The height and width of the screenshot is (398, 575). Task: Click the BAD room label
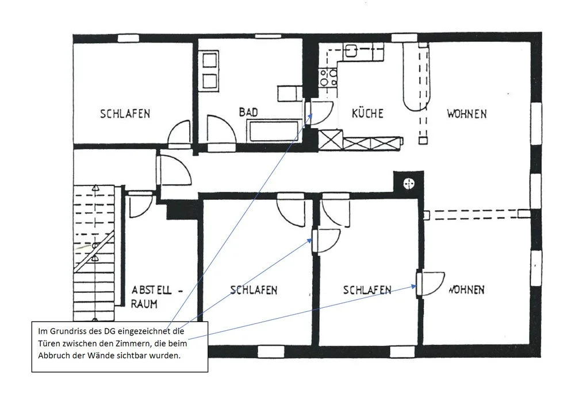pyautogui.click(x=248, y=112)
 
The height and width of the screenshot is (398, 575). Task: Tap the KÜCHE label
pyautogui.click(x=367, y=113)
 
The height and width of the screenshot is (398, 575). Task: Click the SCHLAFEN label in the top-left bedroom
pyautogui.click(x=125, y=114)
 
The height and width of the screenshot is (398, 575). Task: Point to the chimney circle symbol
pyautogui.click(x=409, y=183)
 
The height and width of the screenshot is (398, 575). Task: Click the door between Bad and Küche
pyautogui.click(x=319, y=113)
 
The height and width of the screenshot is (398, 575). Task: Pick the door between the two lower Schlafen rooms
pyautogui.click(x=326, y=241)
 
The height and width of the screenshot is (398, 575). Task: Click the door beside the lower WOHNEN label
pyautogui.click(x=431, y=284)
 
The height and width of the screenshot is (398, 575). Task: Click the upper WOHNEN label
pyautogui.click(x=467, y=114)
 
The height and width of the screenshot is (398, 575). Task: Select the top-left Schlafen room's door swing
pyautogui.click(x=179, y=133)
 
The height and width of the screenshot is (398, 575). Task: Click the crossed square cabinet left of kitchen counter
pyautogui.click(x=331, y=140)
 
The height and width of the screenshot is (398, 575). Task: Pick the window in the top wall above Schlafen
pyautogui.click(x=128, y=38)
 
